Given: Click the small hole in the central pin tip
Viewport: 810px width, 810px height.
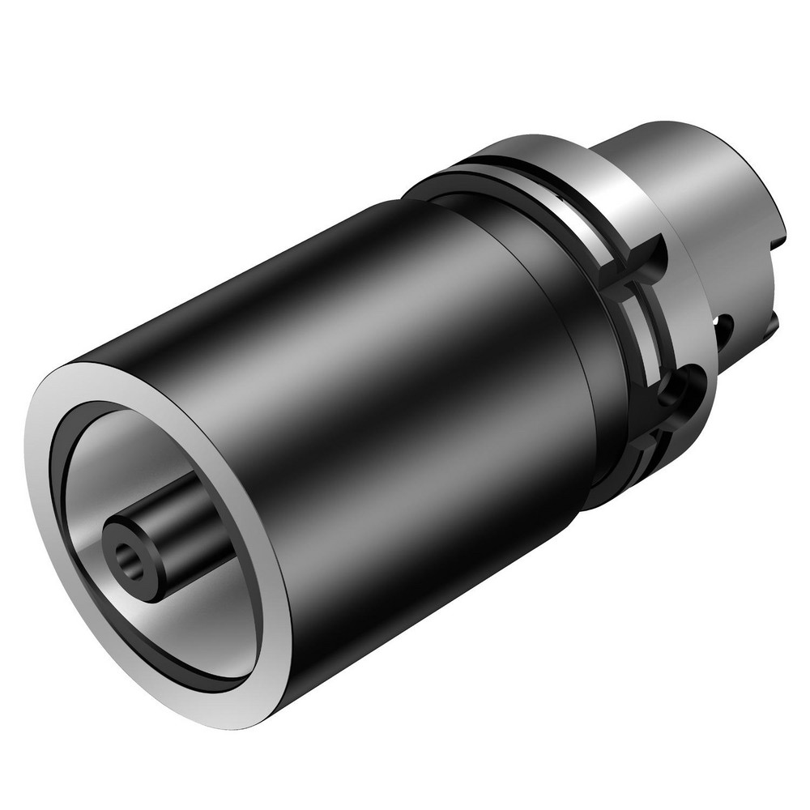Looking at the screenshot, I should [x=127, y=556].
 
